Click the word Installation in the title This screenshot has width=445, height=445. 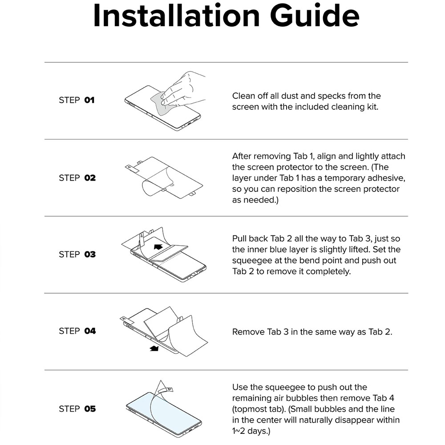pyautogui.click(x=176, y=16)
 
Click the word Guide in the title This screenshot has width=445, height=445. pyautogui.click(x=315, y=16)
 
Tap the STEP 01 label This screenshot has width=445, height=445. pyautogui.click(x=77, y=100)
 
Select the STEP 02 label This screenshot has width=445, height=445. pyautogui.click(x=77, y=178)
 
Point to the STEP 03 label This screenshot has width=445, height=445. pyautogui.click(x=77, y=254)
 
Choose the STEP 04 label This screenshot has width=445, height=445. pyautogui.click(x=77, y=331)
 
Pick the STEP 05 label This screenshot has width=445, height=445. pyautogui.click(x=77, y=409)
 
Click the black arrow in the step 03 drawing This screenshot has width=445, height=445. pyautogui.click(x=158, y=247)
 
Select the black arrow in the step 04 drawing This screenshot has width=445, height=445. pyautogui.click(x=154, y=348)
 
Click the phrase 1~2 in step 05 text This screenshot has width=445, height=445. pyautogui.click(x=239, y=431)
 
